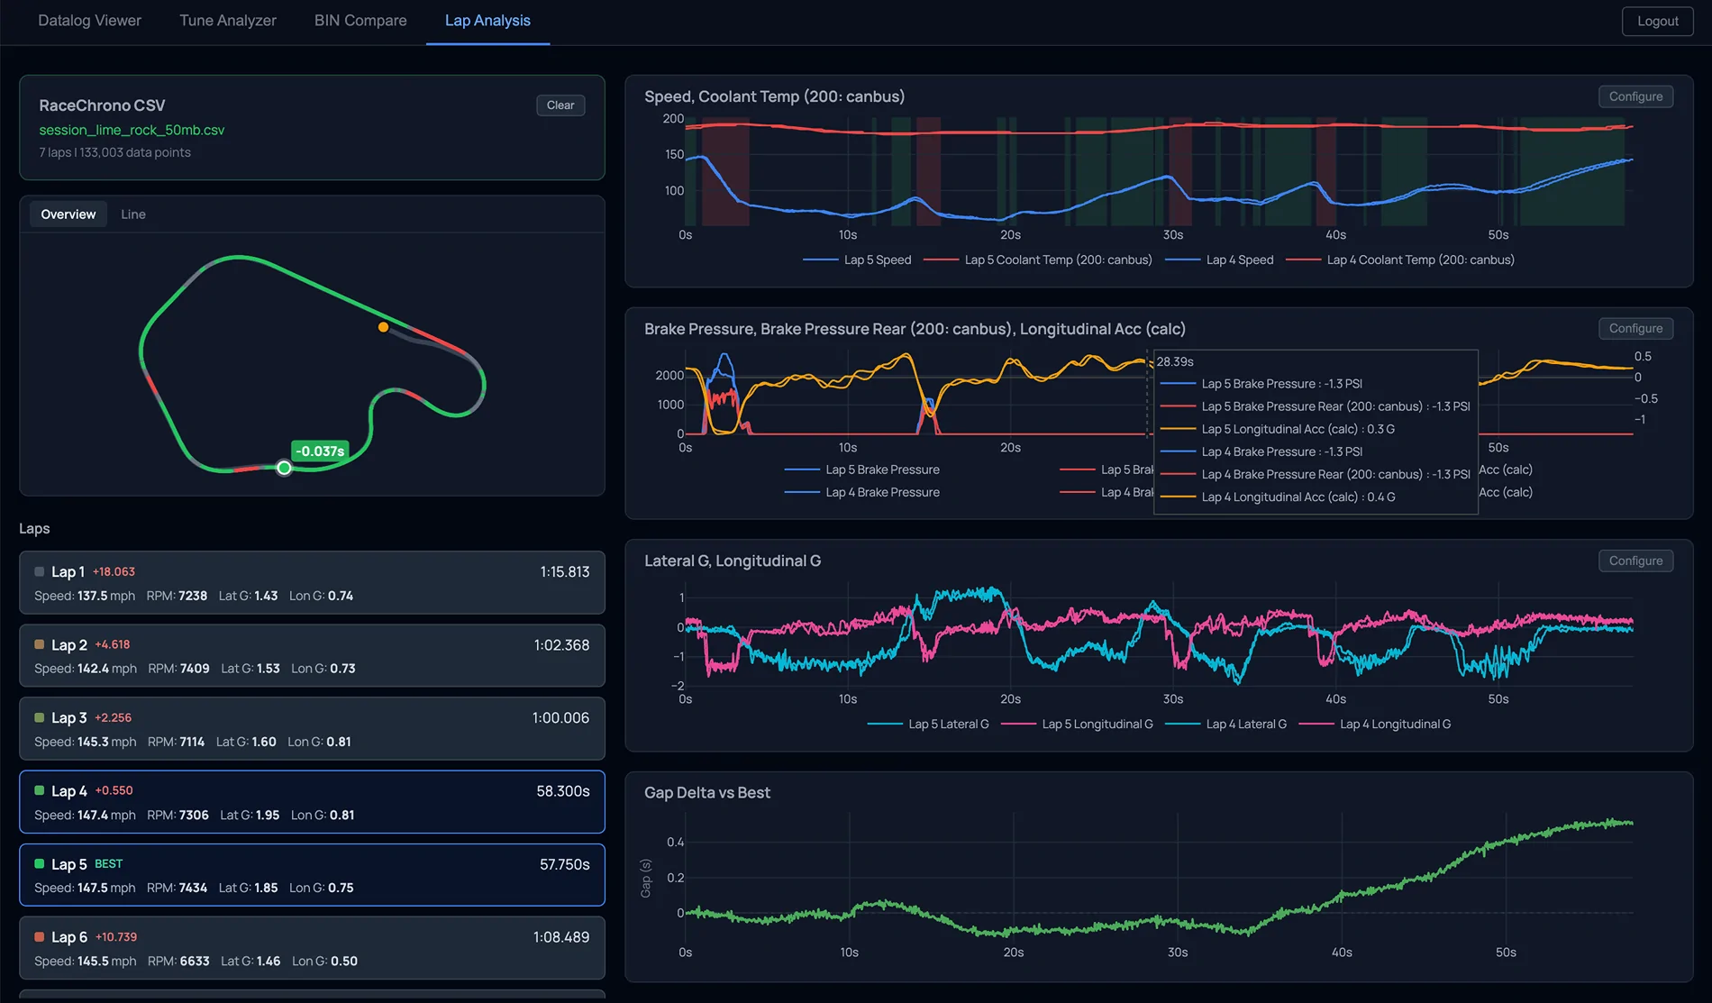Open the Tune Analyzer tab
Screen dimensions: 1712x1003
click(228, 21)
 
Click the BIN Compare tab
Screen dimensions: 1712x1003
click(360, 21)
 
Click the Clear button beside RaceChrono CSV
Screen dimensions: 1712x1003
click(560, 105)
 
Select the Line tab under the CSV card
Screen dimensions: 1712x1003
click(133, 214)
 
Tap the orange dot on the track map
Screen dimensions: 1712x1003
click(384, 327)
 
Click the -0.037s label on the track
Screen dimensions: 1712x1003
click(320, 451)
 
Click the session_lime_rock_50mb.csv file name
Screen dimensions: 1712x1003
click(132, 130)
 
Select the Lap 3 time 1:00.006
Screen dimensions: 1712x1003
click(560, 718)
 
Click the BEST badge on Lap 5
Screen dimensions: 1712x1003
click(108, 863)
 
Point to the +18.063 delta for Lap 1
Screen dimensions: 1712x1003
click(114, 571)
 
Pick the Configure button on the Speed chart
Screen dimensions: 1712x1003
click(1635, 96)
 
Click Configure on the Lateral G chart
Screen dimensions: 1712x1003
click(1635, 561)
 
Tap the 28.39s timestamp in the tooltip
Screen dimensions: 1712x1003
click(1175, 361)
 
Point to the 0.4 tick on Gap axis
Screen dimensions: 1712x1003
click(675, 842)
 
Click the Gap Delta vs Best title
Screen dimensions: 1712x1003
click(707, 793)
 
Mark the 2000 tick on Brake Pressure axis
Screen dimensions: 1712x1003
click(669, 375)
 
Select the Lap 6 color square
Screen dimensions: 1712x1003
click(40, 937)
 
